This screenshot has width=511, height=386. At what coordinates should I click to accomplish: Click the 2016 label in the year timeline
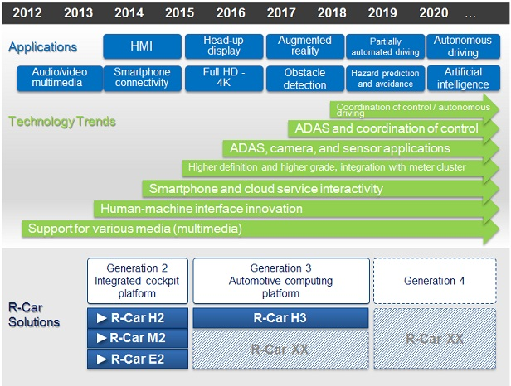[x=231, y=13]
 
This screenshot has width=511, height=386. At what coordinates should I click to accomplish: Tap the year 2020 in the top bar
[x=433, y=13]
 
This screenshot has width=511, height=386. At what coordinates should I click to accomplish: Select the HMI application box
[x=142, y=46]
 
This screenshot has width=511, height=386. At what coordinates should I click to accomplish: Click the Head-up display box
[x=224, y=46]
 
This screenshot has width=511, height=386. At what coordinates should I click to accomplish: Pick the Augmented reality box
[x=305, y=46]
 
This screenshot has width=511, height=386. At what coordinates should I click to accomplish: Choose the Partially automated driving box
[x=385, y=46]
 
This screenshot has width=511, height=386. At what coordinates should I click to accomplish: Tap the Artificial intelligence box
[x=464, y=78]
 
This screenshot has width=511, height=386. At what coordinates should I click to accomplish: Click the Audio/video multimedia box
[x=60, y=78]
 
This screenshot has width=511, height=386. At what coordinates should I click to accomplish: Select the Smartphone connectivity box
[x=142, y=78]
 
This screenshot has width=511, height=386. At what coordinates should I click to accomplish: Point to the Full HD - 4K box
[x=224, y=78]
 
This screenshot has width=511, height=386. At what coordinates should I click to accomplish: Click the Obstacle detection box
[x=305, y=79]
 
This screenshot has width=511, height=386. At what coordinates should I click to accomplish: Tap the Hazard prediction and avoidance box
[x=385, y=79]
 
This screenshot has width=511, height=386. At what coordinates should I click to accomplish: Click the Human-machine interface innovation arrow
[x=296, y=209]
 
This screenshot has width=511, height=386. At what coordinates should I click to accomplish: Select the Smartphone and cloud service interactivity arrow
[x=320, y=189]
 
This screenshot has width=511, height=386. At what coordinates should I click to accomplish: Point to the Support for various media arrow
[x=260, y=229]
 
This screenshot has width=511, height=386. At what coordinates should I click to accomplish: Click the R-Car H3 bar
[x=280, y=318]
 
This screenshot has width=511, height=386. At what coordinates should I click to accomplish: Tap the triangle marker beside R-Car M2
[x=102, y=338]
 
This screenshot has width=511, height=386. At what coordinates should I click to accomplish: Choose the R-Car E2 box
[x=138, y=359]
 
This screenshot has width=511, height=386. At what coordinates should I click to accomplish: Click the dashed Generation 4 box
[x=435, y=281]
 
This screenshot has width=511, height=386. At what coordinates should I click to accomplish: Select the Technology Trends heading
[x=62, y=122]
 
